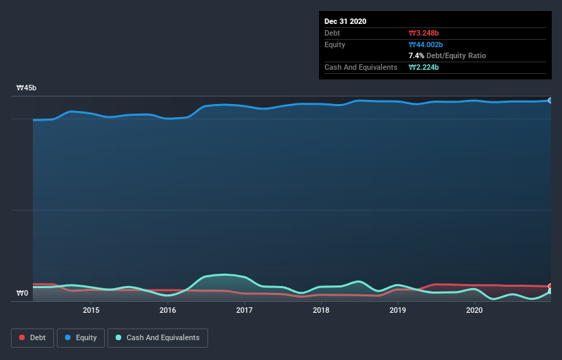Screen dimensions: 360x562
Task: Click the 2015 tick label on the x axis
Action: pos(91,310)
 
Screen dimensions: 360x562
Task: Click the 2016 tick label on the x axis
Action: pos(168,310)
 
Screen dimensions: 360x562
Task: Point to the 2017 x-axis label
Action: pos(244,310)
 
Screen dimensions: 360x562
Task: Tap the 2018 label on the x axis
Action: pos(321,310)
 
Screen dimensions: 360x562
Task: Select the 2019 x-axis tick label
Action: pos(398,310)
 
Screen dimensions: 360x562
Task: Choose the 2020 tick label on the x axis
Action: pos(474,310)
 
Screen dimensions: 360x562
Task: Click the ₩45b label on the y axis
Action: pos(27,88)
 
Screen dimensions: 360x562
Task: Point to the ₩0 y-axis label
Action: pos(23,294)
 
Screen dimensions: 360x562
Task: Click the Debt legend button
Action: pos(32,337)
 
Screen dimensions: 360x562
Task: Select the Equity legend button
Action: pos(81,337)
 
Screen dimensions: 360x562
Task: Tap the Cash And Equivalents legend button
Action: pos(157,337)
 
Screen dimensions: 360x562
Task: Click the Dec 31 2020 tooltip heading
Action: pos(345,21)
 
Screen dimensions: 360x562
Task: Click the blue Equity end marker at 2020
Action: pos(550,101)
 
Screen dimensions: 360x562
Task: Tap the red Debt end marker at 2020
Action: pos(550,286)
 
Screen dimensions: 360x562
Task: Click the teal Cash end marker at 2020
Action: pos(550,292)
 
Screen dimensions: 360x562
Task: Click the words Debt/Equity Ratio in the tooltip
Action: pos(456,55)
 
